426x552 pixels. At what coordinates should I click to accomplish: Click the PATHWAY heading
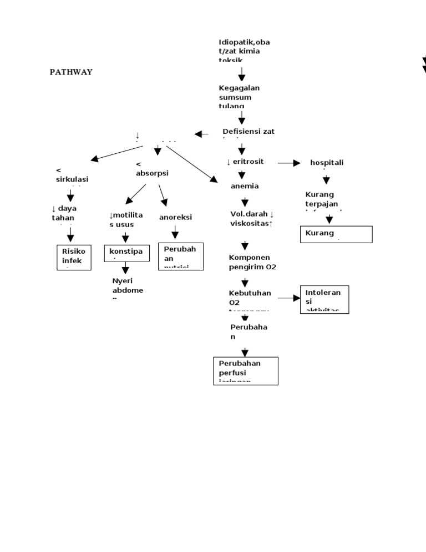click(71, 72)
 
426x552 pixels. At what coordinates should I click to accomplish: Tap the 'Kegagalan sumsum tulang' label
click(239, 97)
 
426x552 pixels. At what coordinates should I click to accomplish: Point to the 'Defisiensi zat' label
click(248, 132)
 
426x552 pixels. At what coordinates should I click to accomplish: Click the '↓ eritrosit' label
click(245, 162)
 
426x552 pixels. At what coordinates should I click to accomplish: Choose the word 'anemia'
click(245, 186)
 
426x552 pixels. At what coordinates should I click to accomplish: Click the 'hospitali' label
click(327, 162)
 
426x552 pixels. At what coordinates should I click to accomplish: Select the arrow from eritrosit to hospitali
click(289, 163)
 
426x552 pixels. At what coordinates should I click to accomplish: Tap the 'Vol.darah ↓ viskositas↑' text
click(252, 218)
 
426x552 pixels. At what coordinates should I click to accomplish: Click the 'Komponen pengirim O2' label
click(252, 262)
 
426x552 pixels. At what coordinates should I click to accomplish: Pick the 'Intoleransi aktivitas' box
click(324, 300)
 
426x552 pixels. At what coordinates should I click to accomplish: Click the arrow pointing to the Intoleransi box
click(289, 298)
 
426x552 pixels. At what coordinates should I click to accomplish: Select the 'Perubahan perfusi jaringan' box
click(246, 370)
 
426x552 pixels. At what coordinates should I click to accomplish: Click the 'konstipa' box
click(126, 253)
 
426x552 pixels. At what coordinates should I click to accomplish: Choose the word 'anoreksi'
click(175, 217)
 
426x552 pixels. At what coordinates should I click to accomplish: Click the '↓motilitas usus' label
click(126, 219)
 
